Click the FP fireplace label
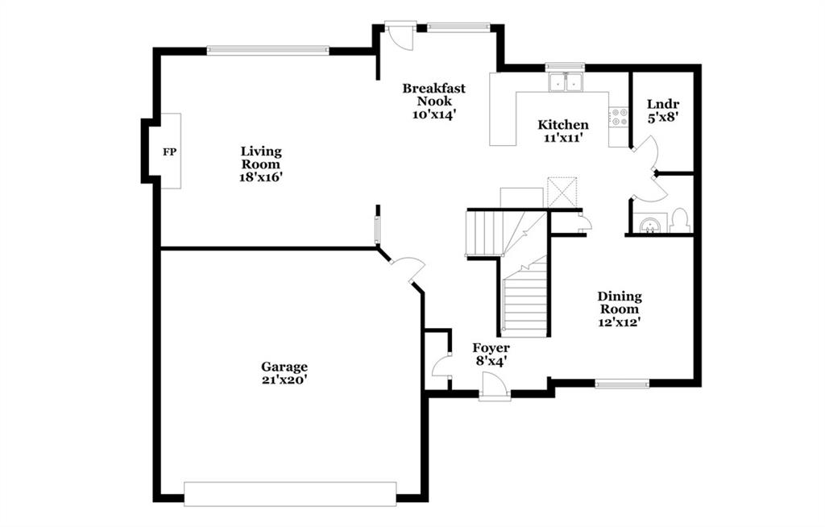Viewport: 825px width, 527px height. coord(169,152)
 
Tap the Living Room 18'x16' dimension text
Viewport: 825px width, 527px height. coord(261,177)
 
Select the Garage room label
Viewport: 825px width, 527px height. coord(284,367)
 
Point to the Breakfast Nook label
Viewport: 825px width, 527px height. coord(434,94)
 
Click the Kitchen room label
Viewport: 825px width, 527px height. coord(563,125)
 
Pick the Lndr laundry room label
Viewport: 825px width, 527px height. coord(663,104)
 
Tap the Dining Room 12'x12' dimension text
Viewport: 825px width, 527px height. coord(619,322)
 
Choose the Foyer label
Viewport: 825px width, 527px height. coord(491,348)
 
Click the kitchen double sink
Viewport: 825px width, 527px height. coord(565,82)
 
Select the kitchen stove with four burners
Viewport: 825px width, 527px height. coord(619,117)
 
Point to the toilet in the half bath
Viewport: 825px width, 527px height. coord(680,221)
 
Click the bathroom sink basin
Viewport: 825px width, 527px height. coord(650,225)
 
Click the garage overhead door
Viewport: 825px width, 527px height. coord(290,494)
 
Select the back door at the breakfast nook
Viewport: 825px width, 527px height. coord(399,35)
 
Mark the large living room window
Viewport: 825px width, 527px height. coord(267,51)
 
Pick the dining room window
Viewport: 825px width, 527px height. coord(622,384)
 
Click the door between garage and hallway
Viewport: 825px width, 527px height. coord(408,269)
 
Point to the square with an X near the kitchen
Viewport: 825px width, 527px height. coord(562,192)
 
